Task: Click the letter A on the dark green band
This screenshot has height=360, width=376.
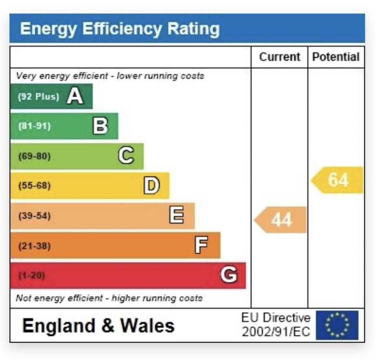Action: (75, 97)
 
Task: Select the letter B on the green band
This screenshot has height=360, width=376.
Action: (100, 126)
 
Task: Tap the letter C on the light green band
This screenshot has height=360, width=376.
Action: (126, 156)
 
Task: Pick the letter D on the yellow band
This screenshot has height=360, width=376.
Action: (151, 186)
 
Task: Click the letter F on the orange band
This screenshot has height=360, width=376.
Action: (202, 245)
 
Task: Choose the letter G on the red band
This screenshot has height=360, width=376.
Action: (228, 275)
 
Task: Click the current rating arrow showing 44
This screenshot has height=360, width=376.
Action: (281, 220)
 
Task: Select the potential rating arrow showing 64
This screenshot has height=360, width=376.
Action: (337, 180)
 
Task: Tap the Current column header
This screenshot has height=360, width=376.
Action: (279, 57)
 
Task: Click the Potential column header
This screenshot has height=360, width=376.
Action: (336, 57)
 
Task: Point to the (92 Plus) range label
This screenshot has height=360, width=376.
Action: (38, 97)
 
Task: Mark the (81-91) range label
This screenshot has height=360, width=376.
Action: (35, 126)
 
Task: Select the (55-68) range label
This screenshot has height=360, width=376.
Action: (35, 186)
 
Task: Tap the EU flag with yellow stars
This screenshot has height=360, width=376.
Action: (337, 325)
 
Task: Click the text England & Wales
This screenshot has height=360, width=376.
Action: (98, 326)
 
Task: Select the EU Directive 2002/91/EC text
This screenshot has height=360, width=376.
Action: (276, 325)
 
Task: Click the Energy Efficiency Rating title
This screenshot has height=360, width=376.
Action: (120, 29)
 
